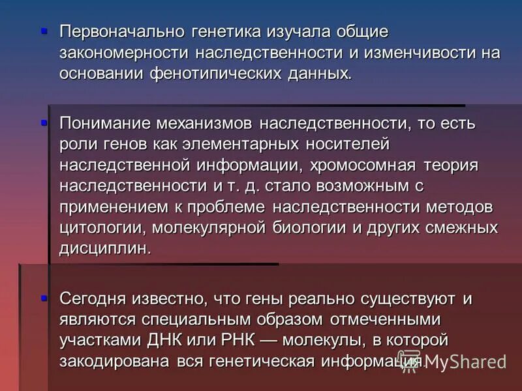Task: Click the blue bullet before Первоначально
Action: pyautogui.click(x=44, y=31)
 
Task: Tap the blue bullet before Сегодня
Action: pyautogui.click(x=44, y=298)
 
